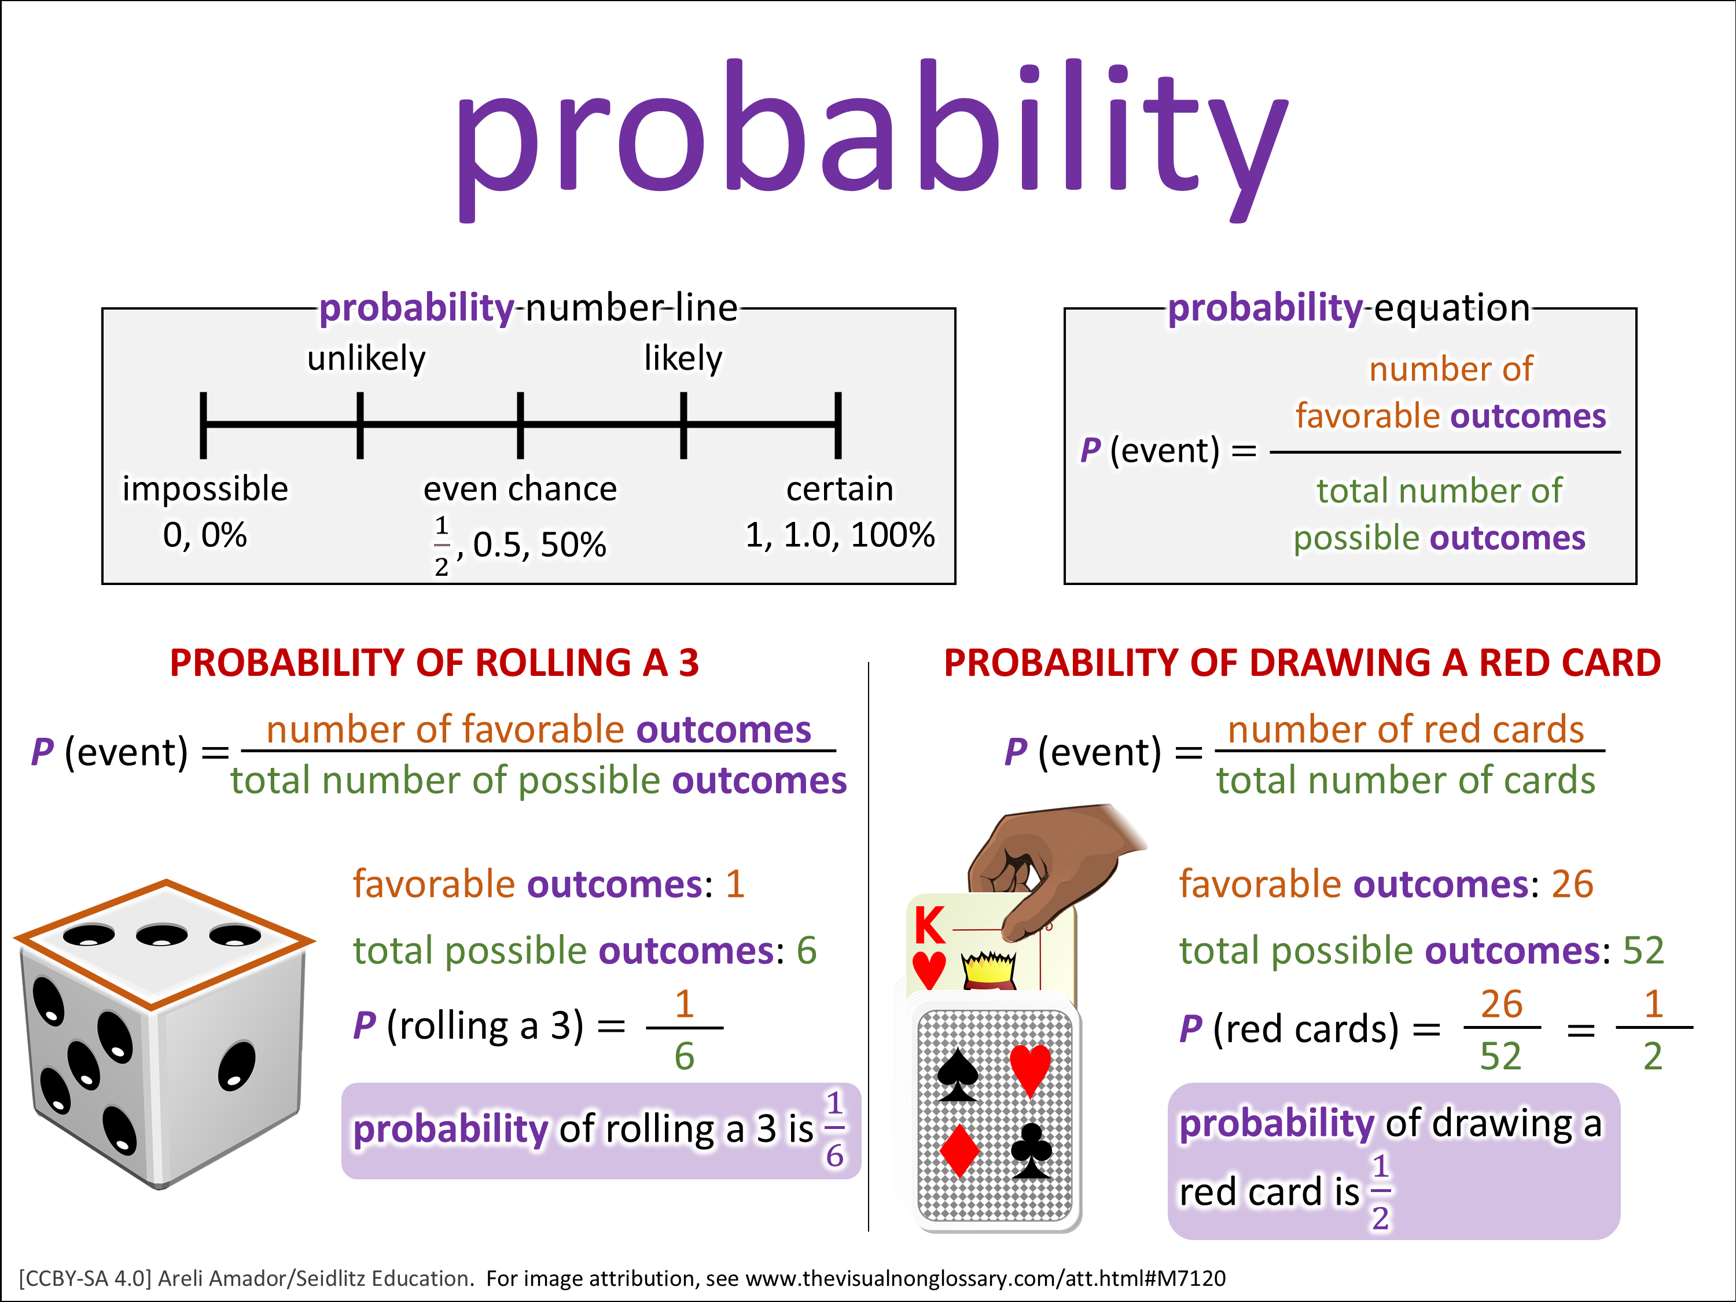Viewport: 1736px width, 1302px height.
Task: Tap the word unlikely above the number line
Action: pos(366,359)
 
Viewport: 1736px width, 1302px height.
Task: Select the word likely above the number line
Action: pos(683,359)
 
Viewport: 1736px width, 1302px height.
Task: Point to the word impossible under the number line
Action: pos(205,490)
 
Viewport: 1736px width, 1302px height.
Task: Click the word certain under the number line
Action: pos(840,490)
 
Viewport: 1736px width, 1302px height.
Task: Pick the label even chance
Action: pos(520,490)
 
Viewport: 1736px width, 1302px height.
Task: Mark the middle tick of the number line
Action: pos(520,425)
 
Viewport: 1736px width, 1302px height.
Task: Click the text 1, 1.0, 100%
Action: pos(840,536)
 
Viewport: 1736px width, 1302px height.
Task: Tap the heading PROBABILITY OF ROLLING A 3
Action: pos(434,663)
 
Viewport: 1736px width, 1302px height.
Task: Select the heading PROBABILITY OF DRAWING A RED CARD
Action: pos(1302,663)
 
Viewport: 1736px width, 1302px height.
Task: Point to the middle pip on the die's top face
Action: pos(161,935)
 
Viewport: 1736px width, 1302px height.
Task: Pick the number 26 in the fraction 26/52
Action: pos(1501,1005)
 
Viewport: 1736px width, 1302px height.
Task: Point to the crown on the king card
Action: pos(989,970)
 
